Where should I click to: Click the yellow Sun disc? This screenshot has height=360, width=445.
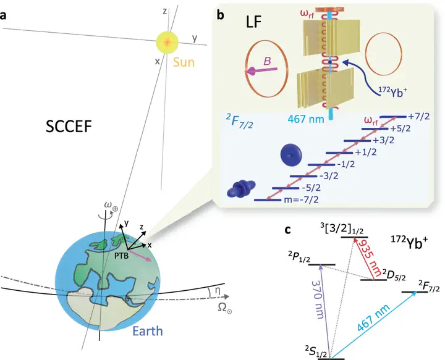pos(167,42)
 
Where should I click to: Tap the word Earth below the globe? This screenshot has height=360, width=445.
pos(148,331)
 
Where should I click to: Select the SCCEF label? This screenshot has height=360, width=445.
pos(69,127)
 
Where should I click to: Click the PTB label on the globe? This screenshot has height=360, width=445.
pos(122,256)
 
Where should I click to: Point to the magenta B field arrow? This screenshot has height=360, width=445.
pos(261,71)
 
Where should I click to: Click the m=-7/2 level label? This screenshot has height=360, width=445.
pos(302,199)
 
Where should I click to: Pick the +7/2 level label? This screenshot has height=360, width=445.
pos(419,116)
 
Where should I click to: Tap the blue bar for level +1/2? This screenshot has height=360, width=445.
pos(339,153)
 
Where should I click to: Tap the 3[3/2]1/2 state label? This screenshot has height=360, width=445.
pos(342,229)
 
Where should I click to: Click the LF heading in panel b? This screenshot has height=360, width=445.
pos(253,22)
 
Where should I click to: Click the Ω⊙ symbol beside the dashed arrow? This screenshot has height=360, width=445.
pos(225,308)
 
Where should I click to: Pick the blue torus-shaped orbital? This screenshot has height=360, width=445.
pos(290,155)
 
